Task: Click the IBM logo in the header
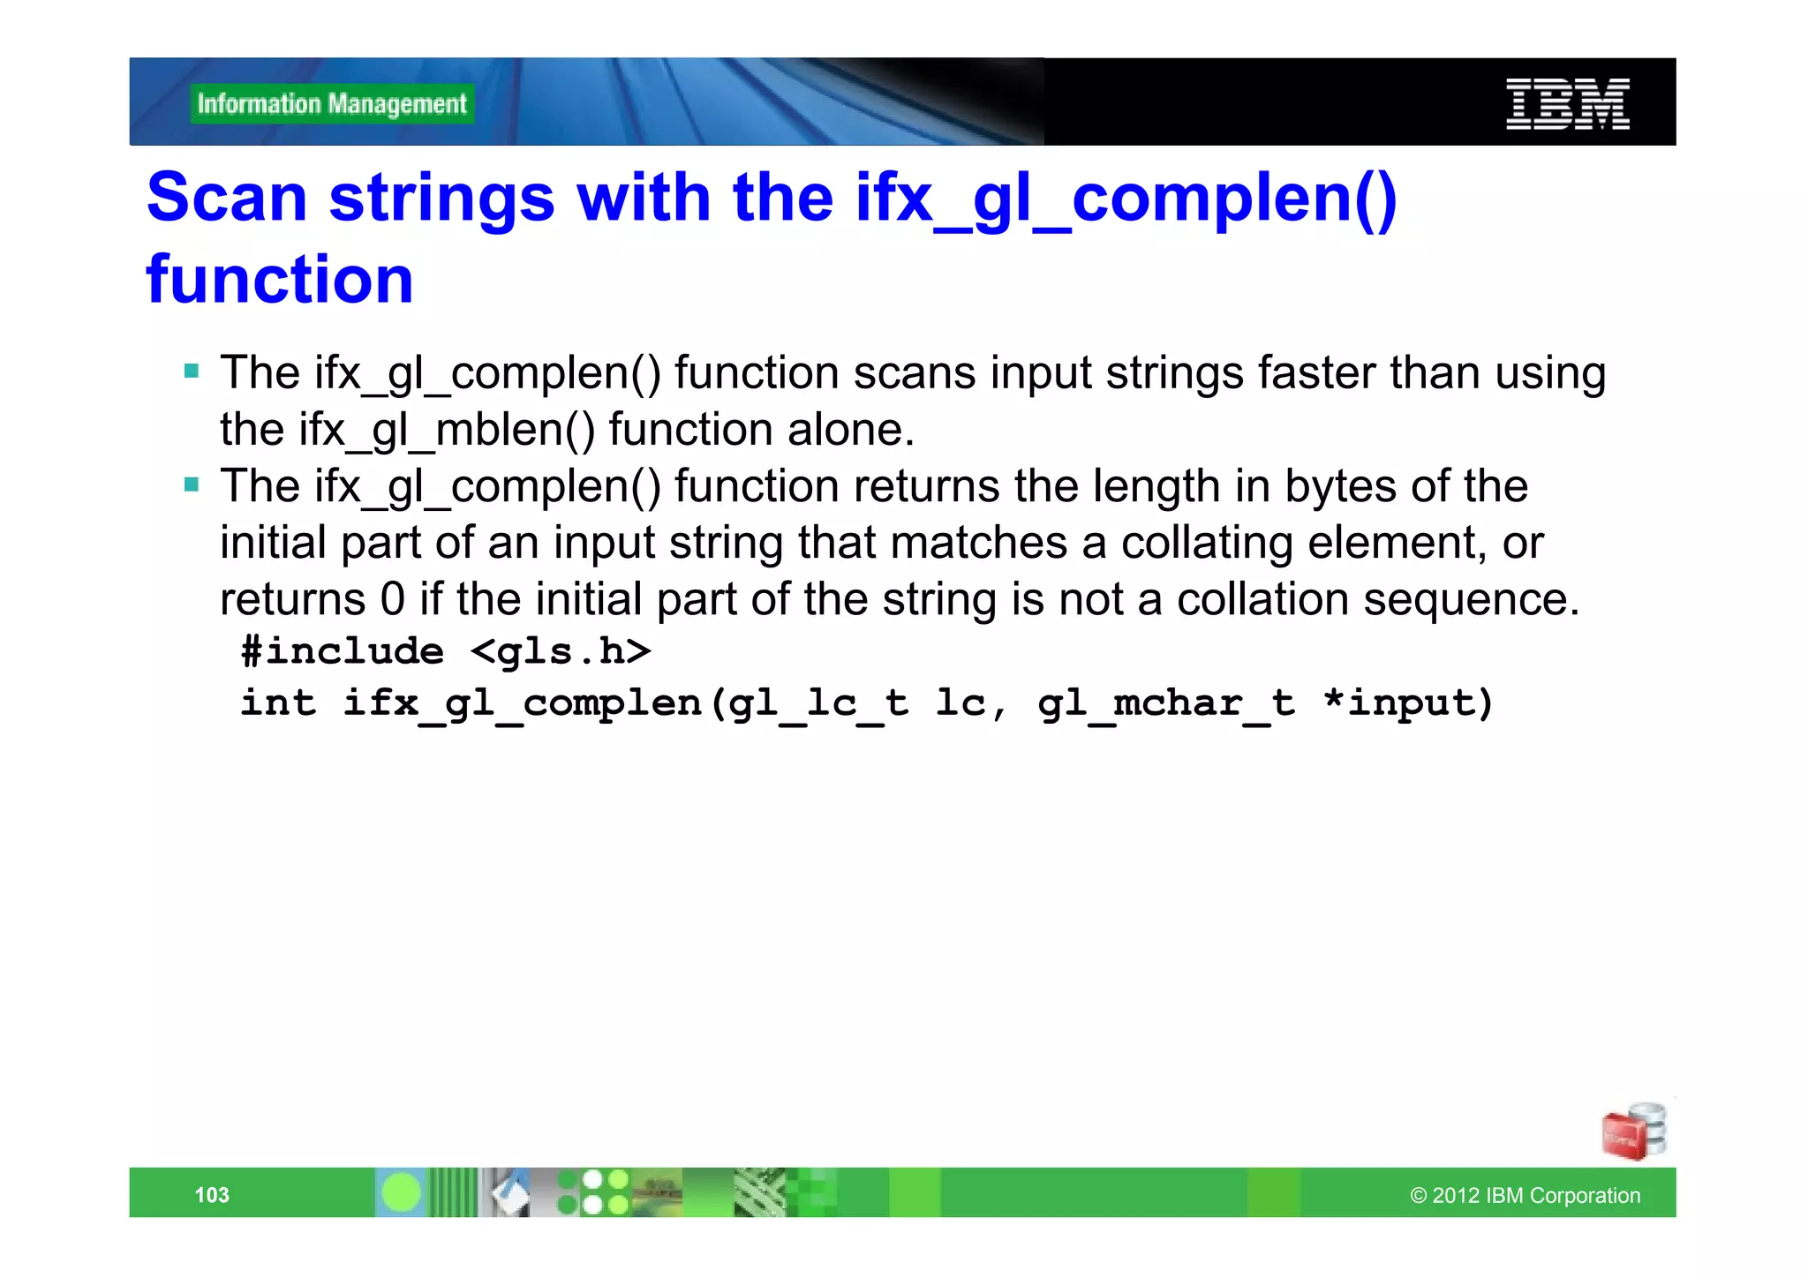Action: coord(1567,104)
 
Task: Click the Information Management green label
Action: coord(332,104)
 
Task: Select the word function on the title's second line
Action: coord(280,280)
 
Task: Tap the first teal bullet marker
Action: coord(192,370)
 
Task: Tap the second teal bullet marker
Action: coord(192,484)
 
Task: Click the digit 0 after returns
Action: coord(392,599)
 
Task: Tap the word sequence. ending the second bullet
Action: coord(1471,599)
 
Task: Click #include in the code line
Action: coord(343,651)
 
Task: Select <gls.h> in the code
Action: coord(561,651)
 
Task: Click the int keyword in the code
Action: coord(278,703)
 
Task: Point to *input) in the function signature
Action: coord(1407,703)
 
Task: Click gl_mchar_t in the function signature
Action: coord(1165,703)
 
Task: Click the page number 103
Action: coord(212,1195)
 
